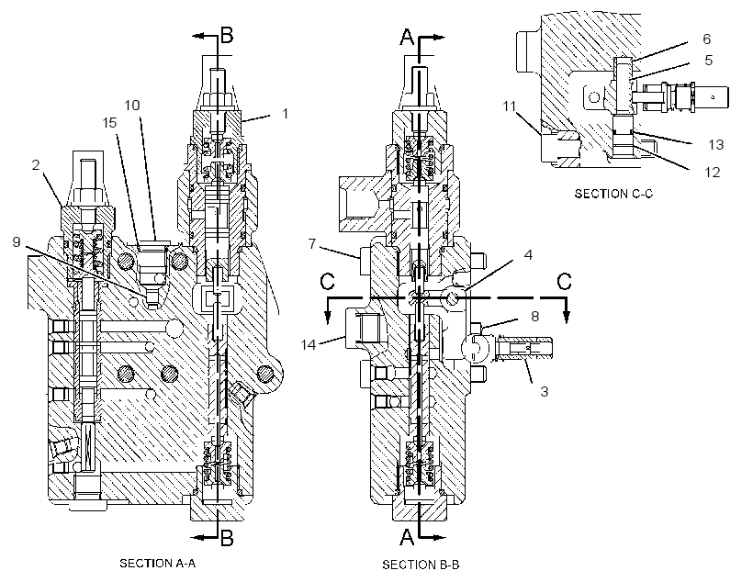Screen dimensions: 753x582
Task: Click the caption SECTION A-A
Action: (158, 564)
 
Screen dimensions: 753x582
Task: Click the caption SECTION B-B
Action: (421, 565)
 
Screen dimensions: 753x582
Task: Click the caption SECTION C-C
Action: (613, 194)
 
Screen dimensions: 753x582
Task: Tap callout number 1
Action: (286, 114)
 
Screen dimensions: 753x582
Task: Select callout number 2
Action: (36, 165)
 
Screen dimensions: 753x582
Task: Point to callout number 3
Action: (545, 391)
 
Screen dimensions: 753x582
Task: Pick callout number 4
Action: (528, 254)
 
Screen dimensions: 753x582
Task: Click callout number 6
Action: (706, 39)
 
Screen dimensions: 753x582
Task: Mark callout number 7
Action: (312, 244)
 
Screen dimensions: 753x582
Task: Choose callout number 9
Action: (17, 241)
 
